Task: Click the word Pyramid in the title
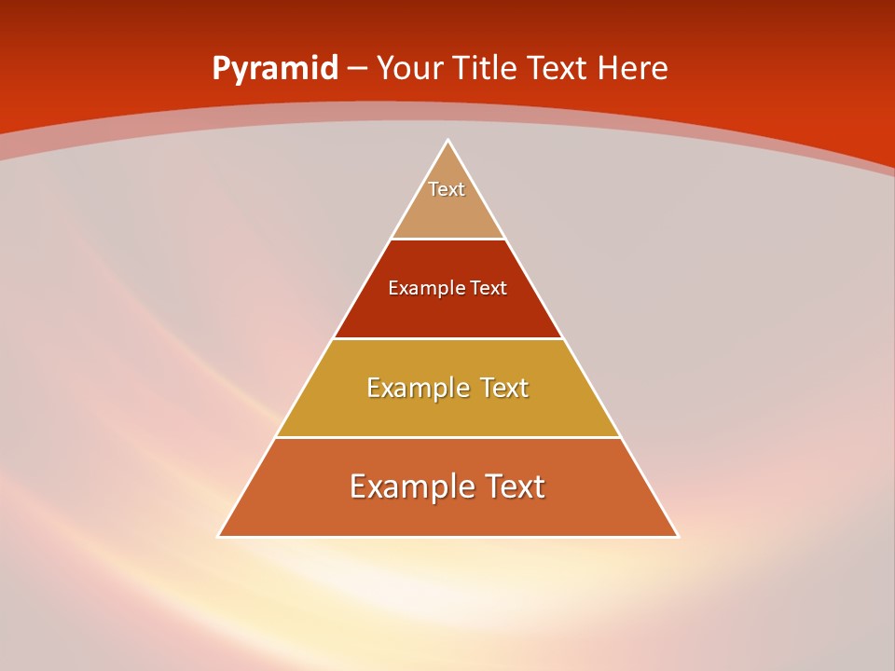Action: click(x=275, y=69)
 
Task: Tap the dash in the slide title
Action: click(x=358, y=69)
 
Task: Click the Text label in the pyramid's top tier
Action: click(x=447, y=189)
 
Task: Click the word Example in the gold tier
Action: click(x=414, y=388)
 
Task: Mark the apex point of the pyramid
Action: click(x=448, y=141)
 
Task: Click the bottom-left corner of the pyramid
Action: click(x=219, y=536)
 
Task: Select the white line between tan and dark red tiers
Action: click(x=448, y=240)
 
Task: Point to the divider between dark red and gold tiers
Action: click(x=448, y=338)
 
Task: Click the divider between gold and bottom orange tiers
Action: click(x=448, y=437)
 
